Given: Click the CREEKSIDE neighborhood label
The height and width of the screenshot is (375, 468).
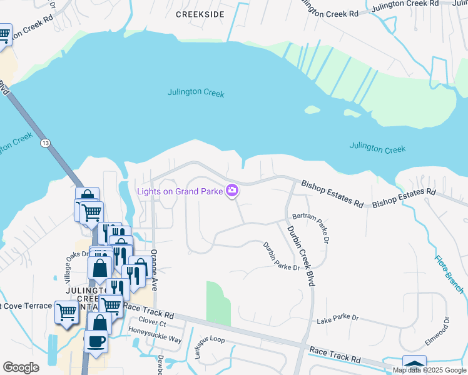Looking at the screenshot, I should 200,14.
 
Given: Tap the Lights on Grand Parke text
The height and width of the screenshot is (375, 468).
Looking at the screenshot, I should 180,191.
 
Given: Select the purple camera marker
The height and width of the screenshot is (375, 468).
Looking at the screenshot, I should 232,190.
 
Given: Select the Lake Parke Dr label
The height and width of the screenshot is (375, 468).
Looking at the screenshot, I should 337,318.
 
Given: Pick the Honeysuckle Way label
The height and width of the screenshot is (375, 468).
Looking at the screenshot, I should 155,340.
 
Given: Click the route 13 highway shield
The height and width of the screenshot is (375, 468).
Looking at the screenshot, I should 44,143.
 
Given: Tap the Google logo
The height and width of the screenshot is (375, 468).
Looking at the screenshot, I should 21,367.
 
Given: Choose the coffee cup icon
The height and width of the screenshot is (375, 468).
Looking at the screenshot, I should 96,341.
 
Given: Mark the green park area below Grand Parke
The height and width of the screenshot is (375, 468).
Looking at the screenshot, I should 218,303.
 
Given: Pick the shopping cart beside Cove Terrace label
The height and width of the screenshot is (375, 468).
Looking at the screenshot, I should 67,312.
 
